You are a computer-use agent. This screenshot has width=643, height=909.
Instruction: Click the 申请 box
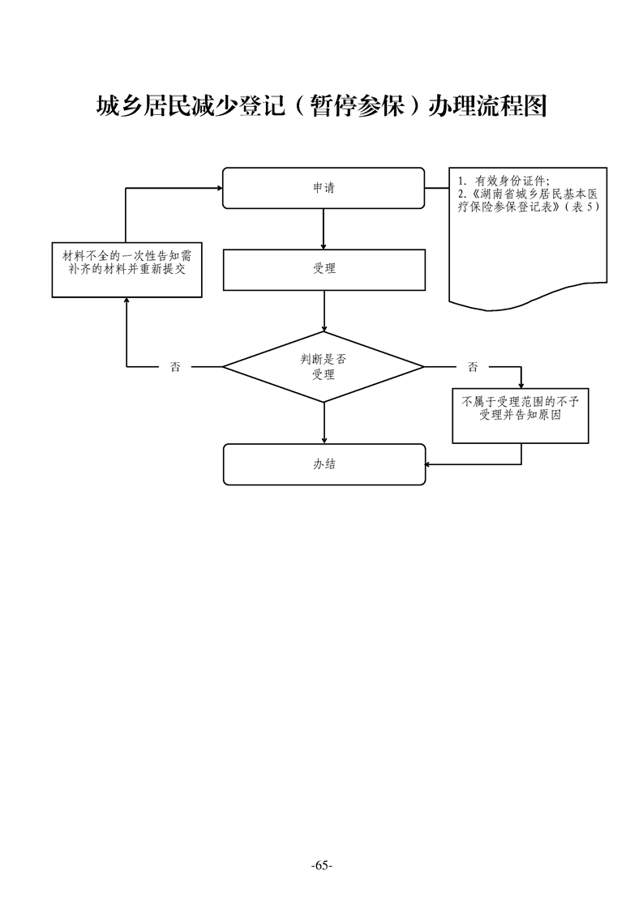point(324,188)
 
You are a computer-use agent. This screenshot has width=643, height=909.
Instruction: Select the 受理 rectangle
point(324,269)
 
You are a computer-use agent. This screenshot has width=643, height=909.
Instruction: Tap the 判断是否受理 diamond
point(324,367)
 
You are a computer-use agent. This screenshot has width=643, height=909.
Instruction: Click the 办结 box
point(324,464)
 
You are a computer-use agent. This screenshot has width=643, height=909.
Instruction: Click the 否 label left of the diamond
point(175,367)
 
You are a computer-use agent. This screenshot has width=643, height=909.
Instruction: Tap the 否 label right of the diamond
point(473,367)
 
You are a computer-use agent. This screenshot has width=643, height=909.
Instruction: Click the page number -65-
point(322,865)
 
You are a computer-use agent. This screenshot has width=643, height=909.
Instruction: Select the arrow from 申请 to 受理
point(324,229)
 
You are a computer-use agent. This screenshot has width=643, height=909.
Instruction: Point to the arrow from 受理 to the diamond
point(324,310)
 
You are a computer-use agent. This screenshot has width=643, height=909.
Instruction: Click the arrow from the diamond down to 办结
point(324,422)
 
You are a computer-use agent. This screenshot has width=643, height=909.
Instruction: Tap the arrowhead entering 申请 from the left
point(218,188)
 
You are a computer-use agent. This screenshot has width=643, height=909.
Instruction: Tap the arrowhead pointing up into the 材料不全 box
point(126,302)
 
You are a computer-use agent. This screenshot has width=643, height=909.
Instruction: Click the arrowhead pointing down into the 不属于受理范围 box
point(521,383)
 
